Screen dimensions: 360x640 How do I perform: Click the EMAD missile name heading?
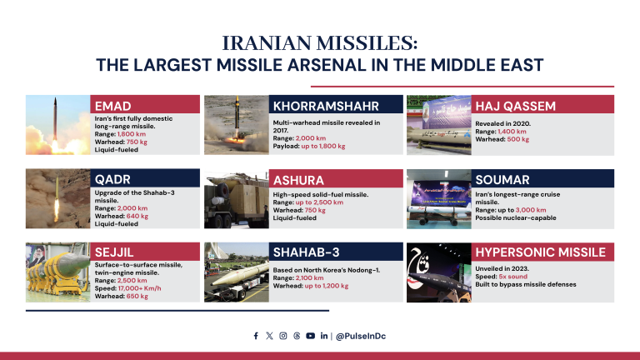point(113,106)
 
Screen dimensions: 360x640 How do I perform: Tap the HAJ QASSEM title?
point(514,106)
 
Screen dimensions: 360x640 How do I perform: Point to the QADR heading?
point(112,179)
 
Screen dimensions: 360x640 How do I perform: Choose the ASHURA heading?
point(299,180)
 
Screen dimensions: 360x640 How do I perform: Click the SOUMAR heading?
point(502,179)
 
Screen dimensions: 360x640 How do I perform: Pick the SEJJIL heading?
point(114,251)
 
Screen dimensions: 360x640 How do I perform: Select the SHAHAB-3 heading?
point(306,252)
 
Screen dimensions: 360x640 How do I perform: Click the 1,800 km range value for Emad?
point(132,134)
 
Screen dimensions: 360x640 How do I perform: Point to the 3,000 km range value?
point(530,210)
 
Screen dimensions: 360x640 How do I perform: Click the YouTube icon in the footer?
point(310,336)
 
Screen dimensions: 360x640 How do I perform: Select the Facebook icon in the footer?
point(256,336)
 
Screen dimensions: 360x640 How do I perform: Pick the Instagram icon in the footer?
point(283,336)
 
